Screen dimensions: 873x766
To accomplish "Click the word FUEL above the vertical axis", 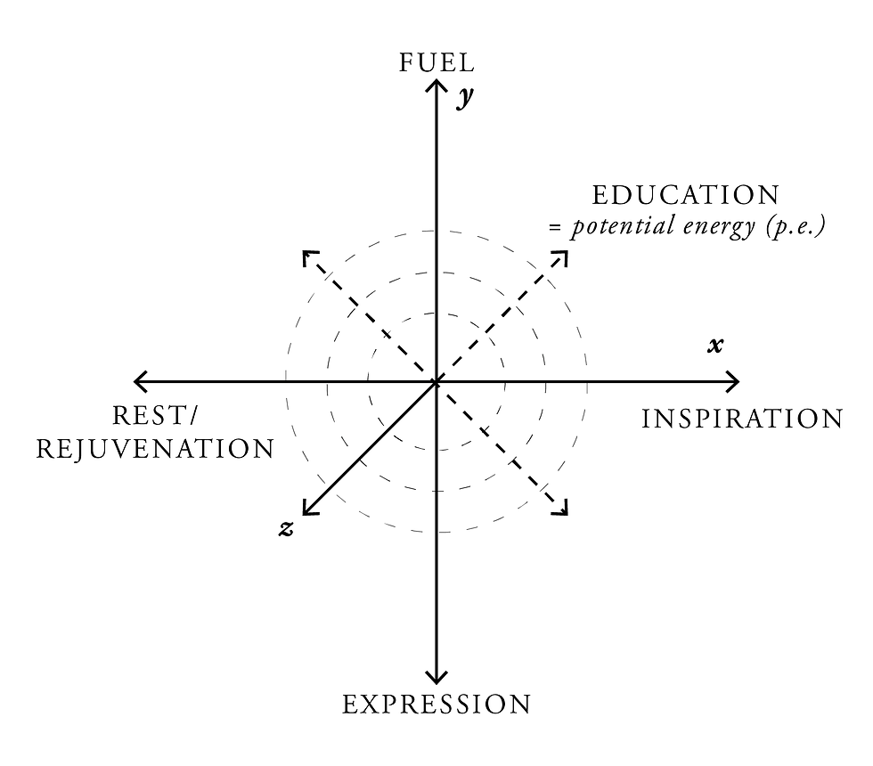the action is click(x=436, y=62).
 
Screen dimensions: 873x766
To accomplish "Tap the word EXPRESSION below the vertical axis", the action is click(x=436, y=705).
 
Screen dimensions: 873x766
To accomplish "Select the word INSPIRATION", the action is click(x=742, y=418).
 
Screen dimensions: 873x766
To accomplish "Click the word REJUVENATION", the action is click(x=155, y=449).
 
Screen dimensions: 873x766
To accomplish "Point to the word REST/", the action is click(x=155, y=416).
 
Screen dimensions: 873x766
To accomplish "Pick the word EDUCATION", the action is click(x=685, y=195).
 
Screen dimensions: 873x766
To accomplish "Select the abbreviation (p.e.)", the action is click(x=793, y=226).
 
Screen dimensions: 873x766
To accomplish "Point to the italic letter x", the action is click(x=714, y=345).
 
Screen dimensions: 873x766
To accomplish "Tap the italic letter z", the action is click(x=286, y=528).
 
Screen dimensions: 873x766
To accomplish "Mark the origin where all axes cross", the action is click(x=436, y=382).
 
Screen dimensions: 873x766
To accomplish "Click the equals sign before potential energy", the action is click(x=555, y=228).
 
